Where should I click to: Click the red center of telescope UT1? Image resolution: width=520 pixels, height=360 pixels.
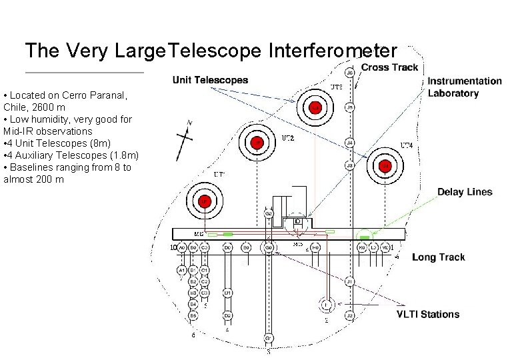pyautogui.click(x=205, y=200)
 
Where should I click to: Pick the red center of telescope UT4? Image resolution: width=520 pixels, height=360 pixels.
pyautogui.click(x=385, y=165)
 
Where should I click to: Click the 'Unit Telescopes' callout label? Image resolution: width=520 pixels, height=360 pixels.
pyautogui.click(x=210, y=80)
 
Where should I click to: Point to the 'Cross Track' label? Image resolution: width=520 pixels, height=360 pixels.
pyautogui.click(x=389, y=67)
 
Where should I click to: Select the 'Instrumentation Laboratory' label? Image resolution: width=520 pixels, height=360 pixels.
pyautogui.click(x=464, y=87)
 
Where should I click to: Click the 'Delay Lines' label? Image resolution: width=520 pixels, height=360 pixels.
pyautogui.click(x=465, y=192)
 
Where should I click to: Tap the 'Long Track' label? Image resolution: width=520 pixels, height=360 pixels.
pyautogui.click(x=438, y=257)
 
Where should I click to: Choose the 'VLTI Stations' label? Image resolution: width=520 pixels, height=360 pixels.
pyautogui.click(x=428, y=314)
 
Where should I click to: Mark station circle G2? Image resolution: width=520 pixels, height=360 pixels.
pyautogui.click(x=268, y=213)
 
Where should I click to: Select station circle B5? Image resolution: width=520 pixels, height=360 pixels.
pyautogui.click(x=193, y=315)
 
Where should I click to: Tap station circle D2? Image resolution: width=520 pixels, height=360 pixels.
pyautogui.click(x=227, y=315)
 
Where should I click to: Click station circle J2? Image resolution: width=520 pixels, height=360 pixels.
pyautogui.click(x=350, y=315)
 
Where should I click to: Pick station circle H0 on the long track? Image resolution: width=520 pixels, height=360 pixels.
pyautogui.click(x=316, y=247)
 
